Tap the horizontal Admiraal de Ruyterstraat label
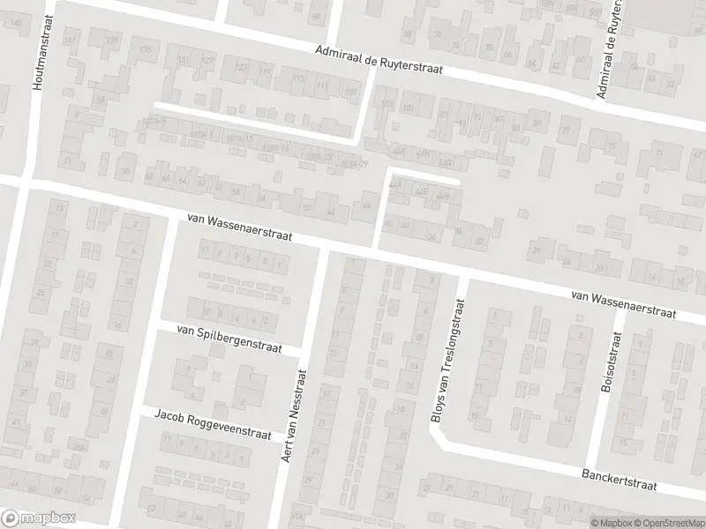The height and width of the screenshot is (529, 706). click(x=379, y=59)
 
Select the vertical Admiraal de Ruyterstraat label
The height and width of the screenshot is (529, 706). click(x=608, y=49)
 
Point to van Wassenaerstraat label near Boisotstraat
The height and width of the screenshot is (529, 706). click(x=623, y=304)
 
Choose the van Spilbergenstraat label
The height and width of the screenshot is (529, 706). click(x=229, y=339)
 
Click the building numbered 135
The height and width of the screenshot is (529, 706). click(x=146, y=49)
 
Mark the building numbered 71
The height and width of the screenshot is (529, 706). click(x=659, y=153)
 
